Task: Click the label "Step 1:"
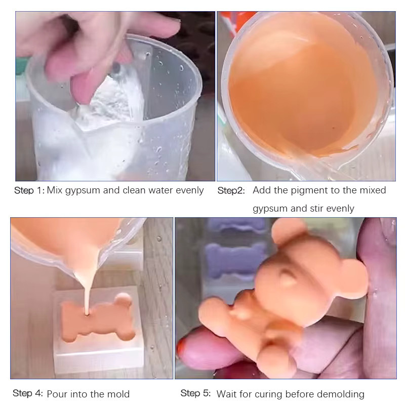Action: pos(29,191)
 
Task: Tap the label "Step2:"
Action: pos(231,191)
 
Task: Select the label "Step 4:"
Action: pos(28,393)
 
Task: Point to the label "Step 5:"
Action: pos(195,393)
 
